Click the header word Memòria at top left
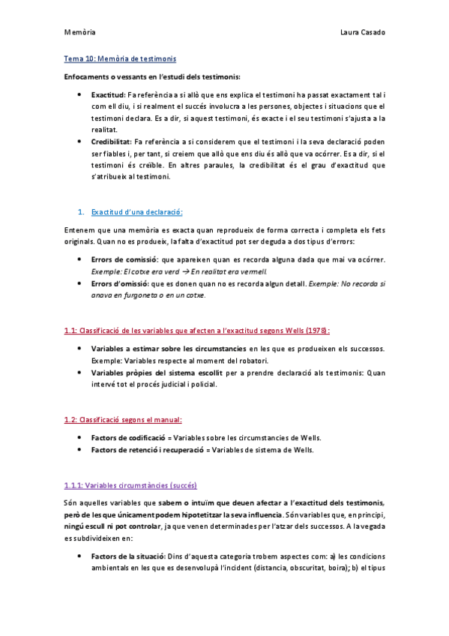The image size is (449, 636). point(79,33)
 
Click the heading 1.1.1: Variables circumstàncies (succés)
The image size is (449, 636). point(130,484)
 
